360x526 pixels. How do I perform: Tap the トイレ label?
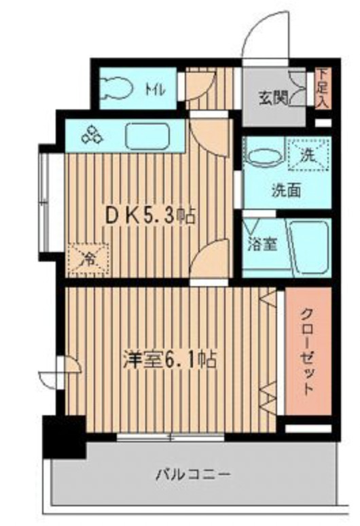click(x=156, y=88)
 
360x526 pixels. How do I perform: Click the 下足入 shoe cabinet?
click(x=321, y=88)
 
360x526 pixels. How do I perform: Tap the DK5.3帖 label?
click(x=149, y=216)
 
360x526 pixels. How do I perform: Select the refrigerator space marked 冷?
click(x=86, y=258)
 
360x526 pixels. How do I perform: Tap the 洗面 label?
click(x=286, y=190)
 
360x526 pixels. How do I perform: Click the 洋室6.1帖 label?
click(x=169, y=360)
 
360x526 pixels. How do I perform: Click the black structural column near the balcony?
click(x=62, y=436)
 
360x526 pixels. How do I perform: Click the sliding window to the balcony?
click(x=170, y=436)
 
